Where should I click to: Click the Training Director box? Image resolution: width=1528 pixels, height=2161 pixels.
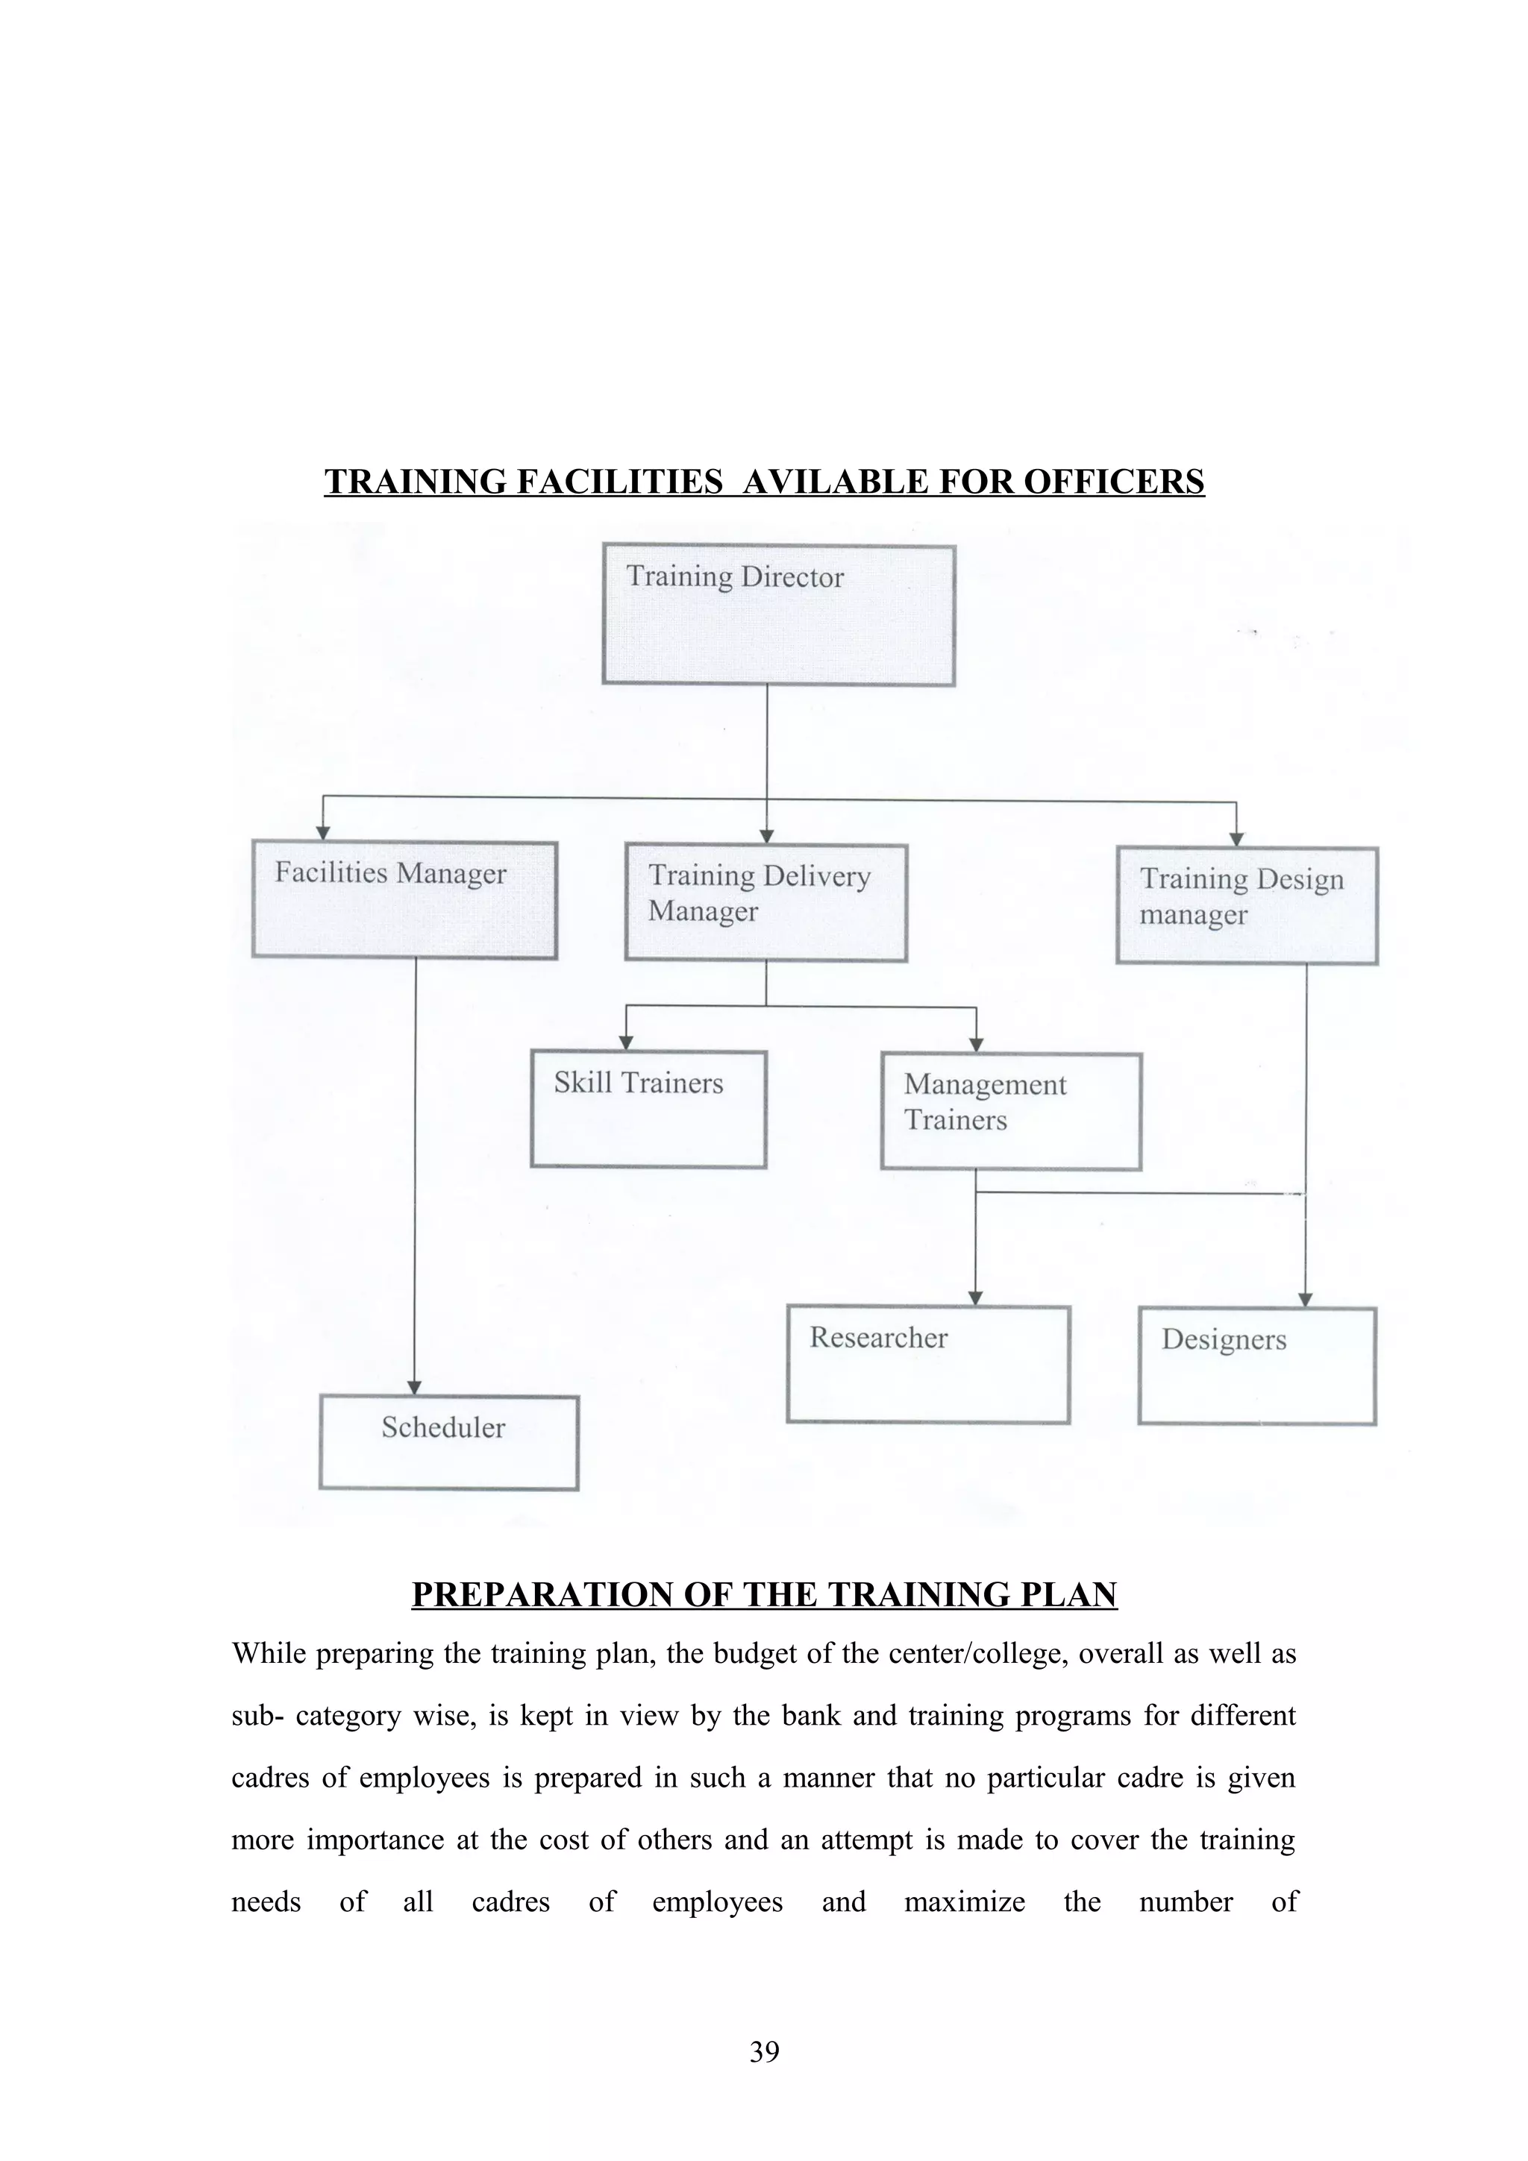[779, 614]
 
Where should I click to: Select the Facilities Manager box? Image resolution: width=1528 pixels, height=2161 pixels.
[405, 900]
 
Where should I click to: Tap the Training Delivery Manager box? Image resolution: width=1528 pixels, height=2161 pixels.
[765, 902]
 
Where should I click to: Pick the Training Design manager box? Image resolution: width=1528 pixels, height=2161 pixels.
[1247, 905]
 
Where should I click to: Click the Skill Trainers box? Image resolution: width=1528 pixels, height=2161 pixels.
[648, 1109]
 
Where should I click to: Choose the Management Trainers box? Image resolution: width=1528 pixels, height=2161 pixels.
[1011, 1110]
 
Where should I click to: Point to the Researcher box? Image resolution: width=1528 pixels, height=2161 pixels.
[928, 1364]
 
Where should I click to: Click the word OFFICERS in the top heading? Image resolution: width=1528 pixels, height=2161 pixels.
[1114, 482]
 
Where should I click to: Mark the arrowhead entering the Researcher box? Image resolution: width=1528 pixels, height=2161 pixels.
[975, 1299]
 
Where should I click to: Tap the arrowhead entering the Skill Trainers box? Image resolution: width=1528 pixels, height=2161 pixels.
[626, 1043]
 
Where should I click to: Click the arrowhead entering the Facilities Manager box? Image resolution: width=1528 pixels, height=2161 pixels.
[323, 833]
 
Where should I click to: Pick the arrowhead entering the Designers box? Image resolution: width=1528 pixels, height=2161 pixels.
[1305, 1300]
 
